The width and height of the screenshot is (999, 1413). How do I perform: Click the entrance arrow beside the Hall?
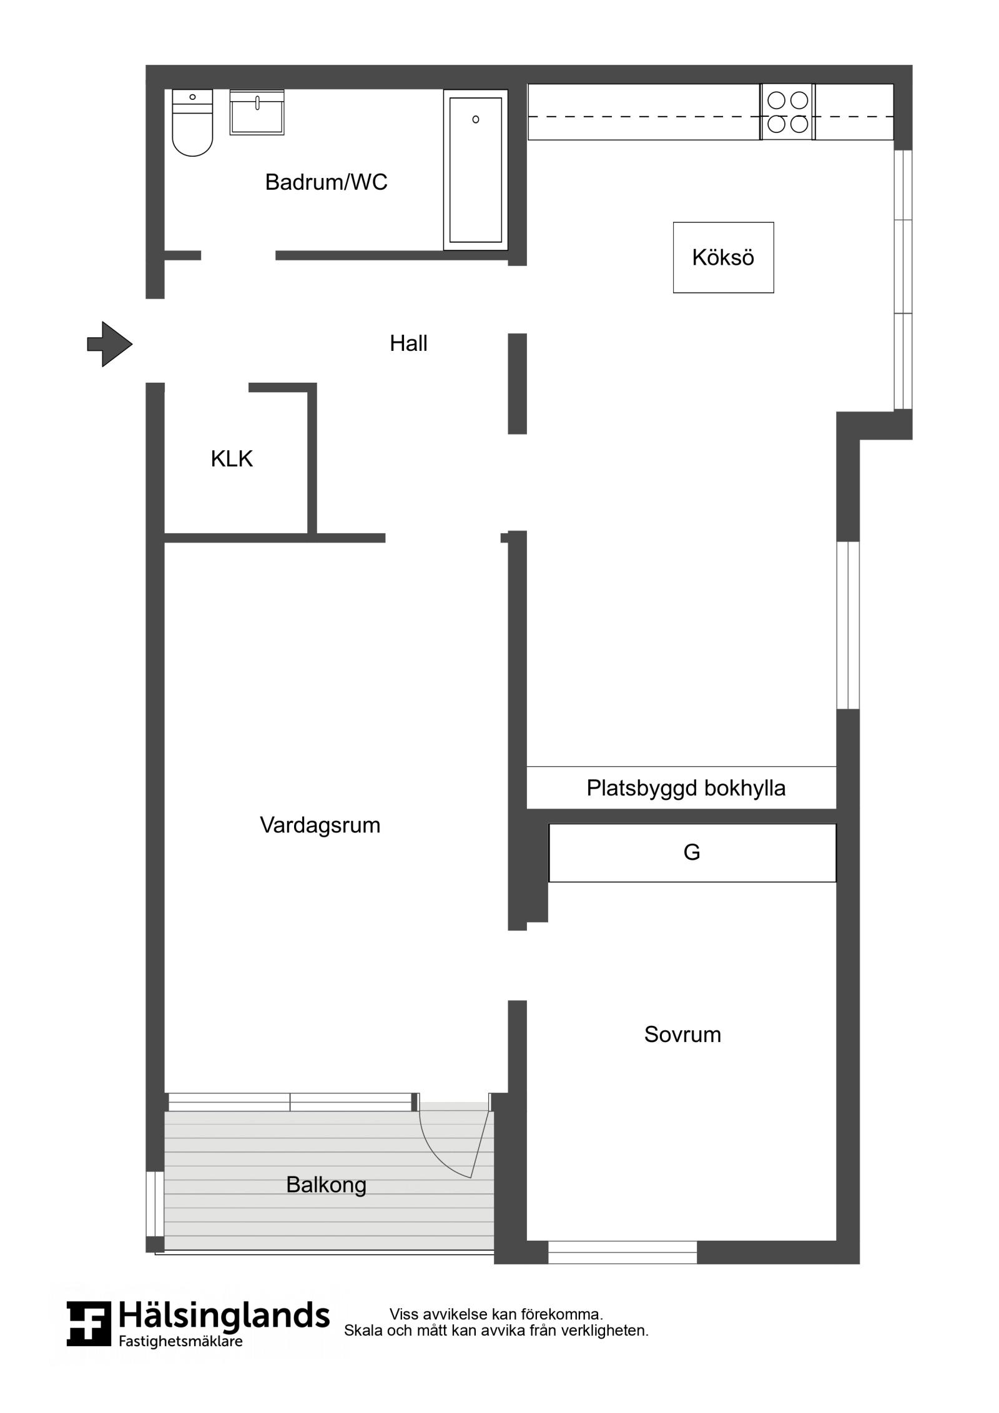pyautogui.click(x=110, y=344)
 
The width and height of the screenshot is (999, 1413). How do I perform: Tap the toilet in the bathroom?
pyautogui.click(x=192, y=122)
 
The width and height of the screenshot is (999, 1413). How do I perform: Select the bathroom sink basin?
pyautogui.click(x=257, y=112)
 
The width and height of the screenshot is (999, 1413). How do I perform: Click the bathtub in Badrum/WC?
pyautogui.click(x=476, y=170)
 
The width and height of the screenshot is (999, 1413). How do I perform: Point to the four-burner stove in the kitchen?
pyautogui.click(x=787, y=112)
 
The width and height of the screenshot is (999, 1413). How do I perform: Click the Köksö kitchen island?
pyautogui.click(x=723, y=257)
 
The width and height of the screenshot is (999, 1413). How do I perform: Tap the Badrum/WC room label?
pyautogui.click(x=326, y=182)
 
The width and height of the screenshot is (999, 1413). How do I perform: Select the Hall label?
pyautogui.click(x=408, y=343)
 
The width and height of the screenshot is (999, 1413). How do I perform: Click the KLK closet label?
pyautogui.click(x=232, y=459)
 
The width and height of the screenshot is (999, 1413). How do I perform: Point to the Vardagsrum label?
pyautogui.click(x=320, y=825)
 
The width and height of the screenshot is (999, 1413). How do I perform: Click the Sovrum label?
pyautogui.click(x=682, y=1034)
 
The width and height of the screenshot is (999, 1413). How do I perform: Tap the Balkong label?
pyautogui.click(x=326, y=1184)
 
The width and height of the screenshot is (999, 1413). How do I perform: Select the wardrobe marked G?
pyautogui.click(x=692, y=853)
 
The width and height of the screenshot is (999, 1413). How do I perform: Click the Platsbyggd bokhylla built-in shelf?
pyautogui.click(x=681, y=787)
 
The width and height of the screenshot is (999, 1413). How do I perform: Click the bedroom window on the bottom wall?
pyautogui.click(x=623, y=1253)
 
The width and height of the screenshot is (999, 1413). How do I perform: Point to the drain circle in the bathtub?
pyautogui.click(x=476, y=119)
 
